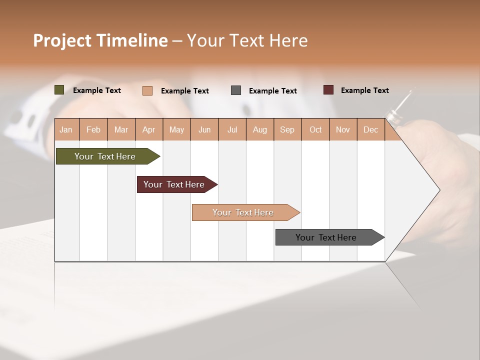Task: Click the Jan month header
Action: tap(66, 129)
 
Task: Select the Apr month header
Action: tap(148, 129)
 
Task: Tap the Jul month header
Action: tap(232, 129)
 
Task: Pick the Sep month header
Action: tap(287, 129)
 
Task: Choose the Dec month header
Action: tap(370, 129)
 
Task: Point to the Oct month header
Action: tap(315, 129)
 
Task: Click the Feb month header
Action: tap(93, 129)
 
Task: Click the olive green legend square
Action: tap(59, 90)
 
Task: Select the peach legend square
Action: tap(147, 90)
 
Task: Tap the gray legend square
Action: tap(236, 90)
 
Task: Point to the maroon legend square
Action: tap(328, 90)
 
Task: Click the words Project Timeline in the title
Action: tap(100, 40)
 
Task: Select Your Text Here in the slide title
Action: tap(247, 40)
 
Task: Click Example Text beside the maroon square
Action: tap(364, 90)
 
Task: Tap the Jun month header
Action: tap(204, 129)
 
